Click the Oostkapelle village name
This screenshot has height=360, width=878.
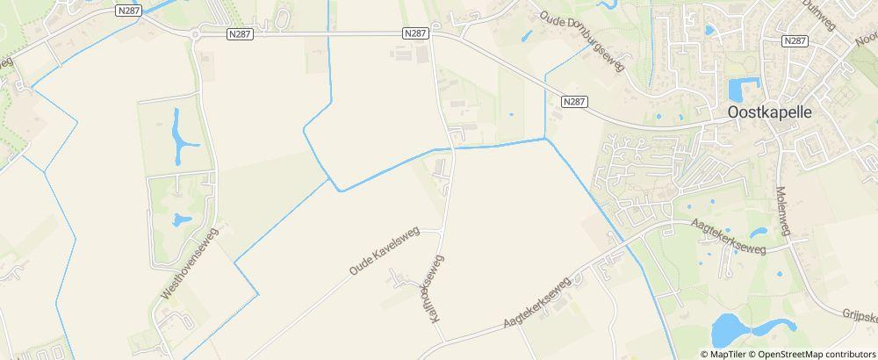click(x=771, y=113)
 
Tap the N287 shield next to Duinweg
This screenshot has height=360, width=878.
click(x=795, y=41)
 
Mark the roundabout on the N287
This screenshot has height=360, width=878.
click(x=194, y=34)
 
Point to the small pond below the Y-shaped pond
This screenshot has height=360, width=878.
click(x=182, y=220)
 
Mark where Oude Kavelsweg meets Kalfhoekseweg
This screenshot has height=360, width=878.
click(x=440, y=230)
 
